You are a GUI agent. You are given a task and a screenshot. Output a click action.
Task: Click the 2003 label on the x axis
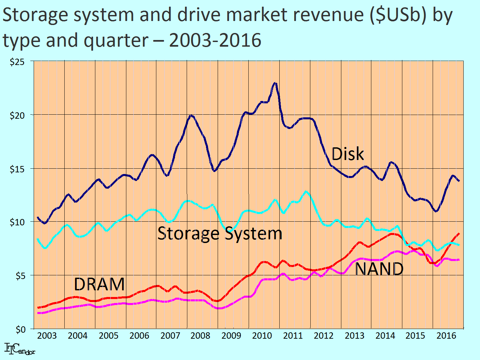47,336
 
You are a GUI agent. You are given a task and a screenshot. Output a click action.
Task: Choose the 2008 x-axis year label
200,336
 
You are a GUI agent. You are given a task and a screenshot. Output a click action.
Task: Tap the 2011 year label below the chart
293,336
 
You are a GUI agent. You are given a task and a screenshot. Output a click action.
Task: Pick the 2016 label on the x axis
446,336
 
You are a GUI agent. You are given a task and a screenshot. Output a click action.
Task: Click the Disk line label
348,154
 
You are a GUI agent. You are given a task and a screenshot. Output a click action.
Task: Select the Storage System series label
220,233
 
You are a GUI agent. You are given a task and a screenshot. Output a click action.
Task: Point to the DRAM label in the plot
99,284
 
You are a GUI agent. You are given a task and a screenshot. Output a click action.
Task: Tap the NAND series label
379,269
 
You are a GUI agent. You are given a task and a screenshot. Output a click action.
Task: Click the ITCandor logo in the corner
20,349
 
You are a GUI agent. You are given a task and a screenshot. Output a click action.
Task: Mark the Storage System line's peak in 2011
306,191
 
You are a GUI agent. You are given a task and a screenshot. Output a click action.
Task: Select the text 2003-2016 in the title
215,41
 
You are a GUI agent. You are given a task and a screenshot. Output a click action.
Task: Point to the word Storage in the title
33,15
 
